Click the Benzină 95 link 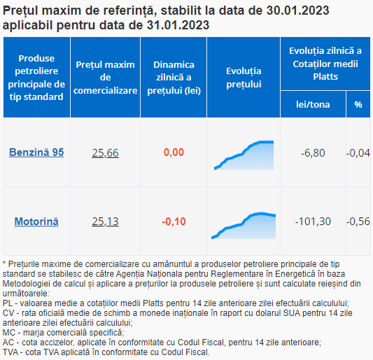pyautogui.click(x=36, y=152)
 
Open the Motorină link pyautogui.click(x=36, y=222)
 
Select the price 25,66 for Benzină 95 pyautogui.click(x=105, y=153)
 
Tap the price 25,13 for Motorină pyautogui.click(x=105, y=222)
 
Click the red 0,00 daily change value pyautogui.click(x=174, y=152)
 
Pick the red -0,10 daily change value pyautogui.click(x=174, y=222)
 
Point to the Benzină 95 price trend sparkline pyautogui.click(x=244, y=155)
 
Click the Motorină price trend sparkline pyautogui.click(x=244, y=226)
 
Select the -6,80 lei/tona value pyautogui.click(x=313, y=153)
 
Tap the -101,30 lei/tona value pyautogui.click(x=313, y=222)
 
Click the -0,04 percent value pyautogui.click(x=358, y=153)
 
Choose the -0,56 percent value pyautogui.click(x=358, y=222)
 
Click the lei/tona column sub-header pyautogui.click(x=313, y=105)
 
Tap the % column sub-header pyautogui.click(x=358, y=105)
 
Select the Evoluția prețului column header pyautogui.click(x=244, y=78)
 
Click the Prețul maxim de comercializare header pyautogui.click(x=105, y=78)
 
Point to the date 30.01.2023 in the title pyautogui.click(x=297, y=10)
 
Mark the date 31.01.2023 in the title pyautogui.click(x=178, y=25)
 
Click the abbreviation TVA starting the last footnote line pyautogui.click(x=10, y=352)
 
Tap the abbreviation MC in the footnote pyautogui.click(x=8, y=333)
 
